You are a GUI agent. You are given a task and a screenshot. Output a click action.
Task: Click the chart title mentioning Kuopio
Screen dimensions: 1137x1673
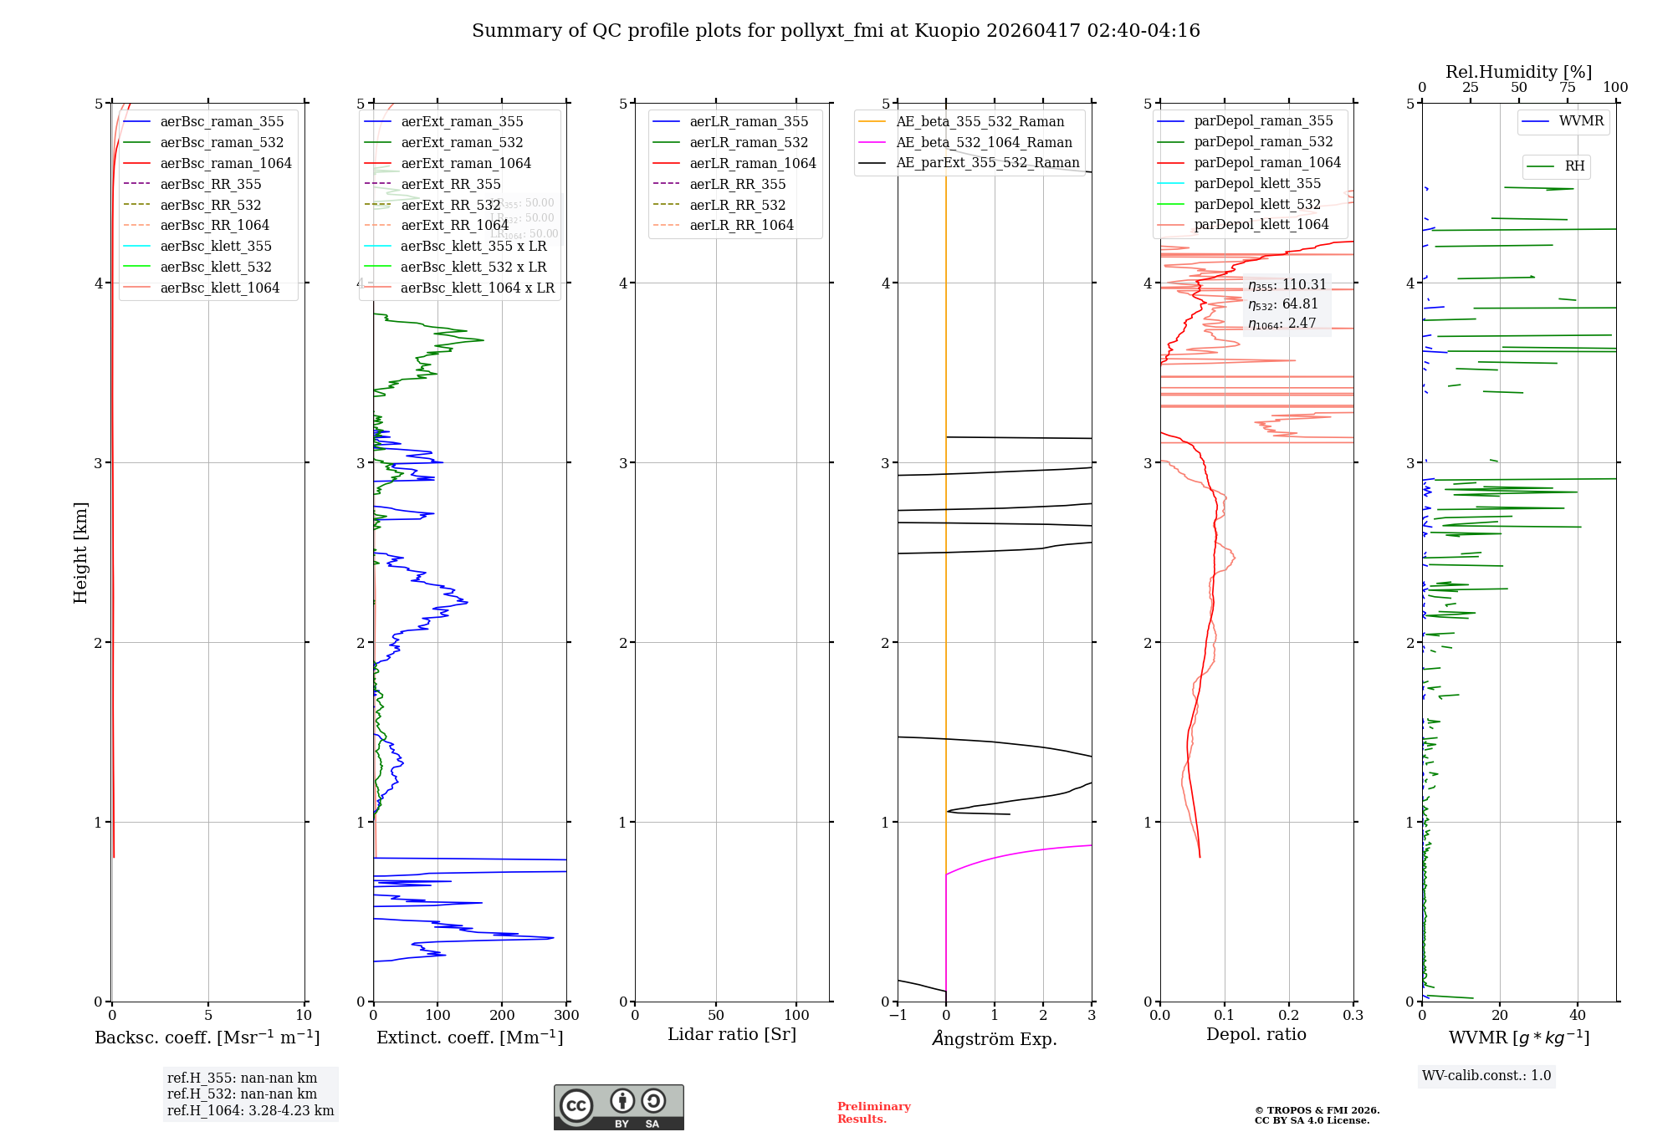click(x=836, y=31)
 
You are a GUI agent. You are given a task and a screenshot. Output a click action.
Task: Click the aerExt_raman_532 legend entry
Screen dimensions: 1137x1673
click(x=462, y=143)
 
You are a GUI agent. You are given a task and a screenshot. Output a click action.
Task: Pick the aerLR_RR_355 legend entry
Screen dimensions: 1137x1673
click(x=737, y=185)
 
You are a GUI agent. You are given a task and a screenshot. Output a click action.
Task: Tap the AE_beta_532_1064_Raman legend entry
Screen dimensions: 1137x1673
click(x=984, y=143)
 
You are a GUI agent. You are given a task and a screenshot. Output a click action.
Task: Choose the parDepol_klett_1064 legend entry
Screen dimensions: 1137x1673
click(x=1261, y=225)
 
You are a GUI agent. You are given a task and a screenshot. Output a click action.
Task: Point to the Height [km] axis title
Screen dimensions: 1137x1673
click(x=80, y=553)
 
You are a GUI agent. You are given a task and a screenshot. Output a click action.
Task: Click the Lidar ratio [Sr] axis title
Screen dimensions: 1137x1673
click(x=732, y=1035)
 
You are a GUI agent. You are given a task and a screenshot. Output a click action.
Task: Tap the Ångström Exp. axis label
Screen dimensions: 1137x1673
click(x=995, y=1039)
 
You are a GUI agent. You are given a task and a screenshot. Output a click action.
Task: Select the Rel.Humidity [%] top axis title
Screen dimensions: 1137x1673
click(x=1518, y=72)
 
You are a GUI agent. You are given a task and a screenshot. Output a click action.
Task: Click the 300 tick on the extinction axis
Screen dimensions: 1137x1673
click(x=566, y=1016)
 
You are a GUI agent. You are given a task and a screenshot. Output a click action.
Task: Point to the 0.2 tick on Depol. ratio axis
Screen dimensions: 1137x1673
click(x=1289, y=1016)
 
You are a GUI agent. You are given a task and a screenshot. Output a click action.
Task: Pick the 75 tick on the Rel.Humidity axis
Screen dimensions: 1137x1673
click(x=1567, y=88)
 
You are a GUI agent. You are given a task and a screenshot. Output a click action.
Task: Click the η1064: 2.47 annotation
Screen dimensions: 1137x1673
click(x=1282, y=324)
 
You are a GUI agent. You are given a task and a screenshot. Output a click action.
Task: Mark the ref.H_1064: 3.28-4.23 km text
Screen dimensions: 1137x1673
click(x=250, y=1111)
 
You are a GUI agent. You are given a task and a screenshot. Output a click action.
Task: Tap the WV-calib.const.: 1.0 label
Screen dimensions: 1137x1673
click(x=1486, y=1076)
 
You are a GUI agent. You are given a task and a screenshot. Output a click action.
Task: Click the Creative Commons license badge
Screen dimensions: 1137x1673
click(x=618, y=1108)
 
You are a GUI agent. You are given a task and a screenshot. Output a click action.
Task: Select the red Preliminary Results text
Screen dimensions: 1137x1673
click(x=873, y=1113)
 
